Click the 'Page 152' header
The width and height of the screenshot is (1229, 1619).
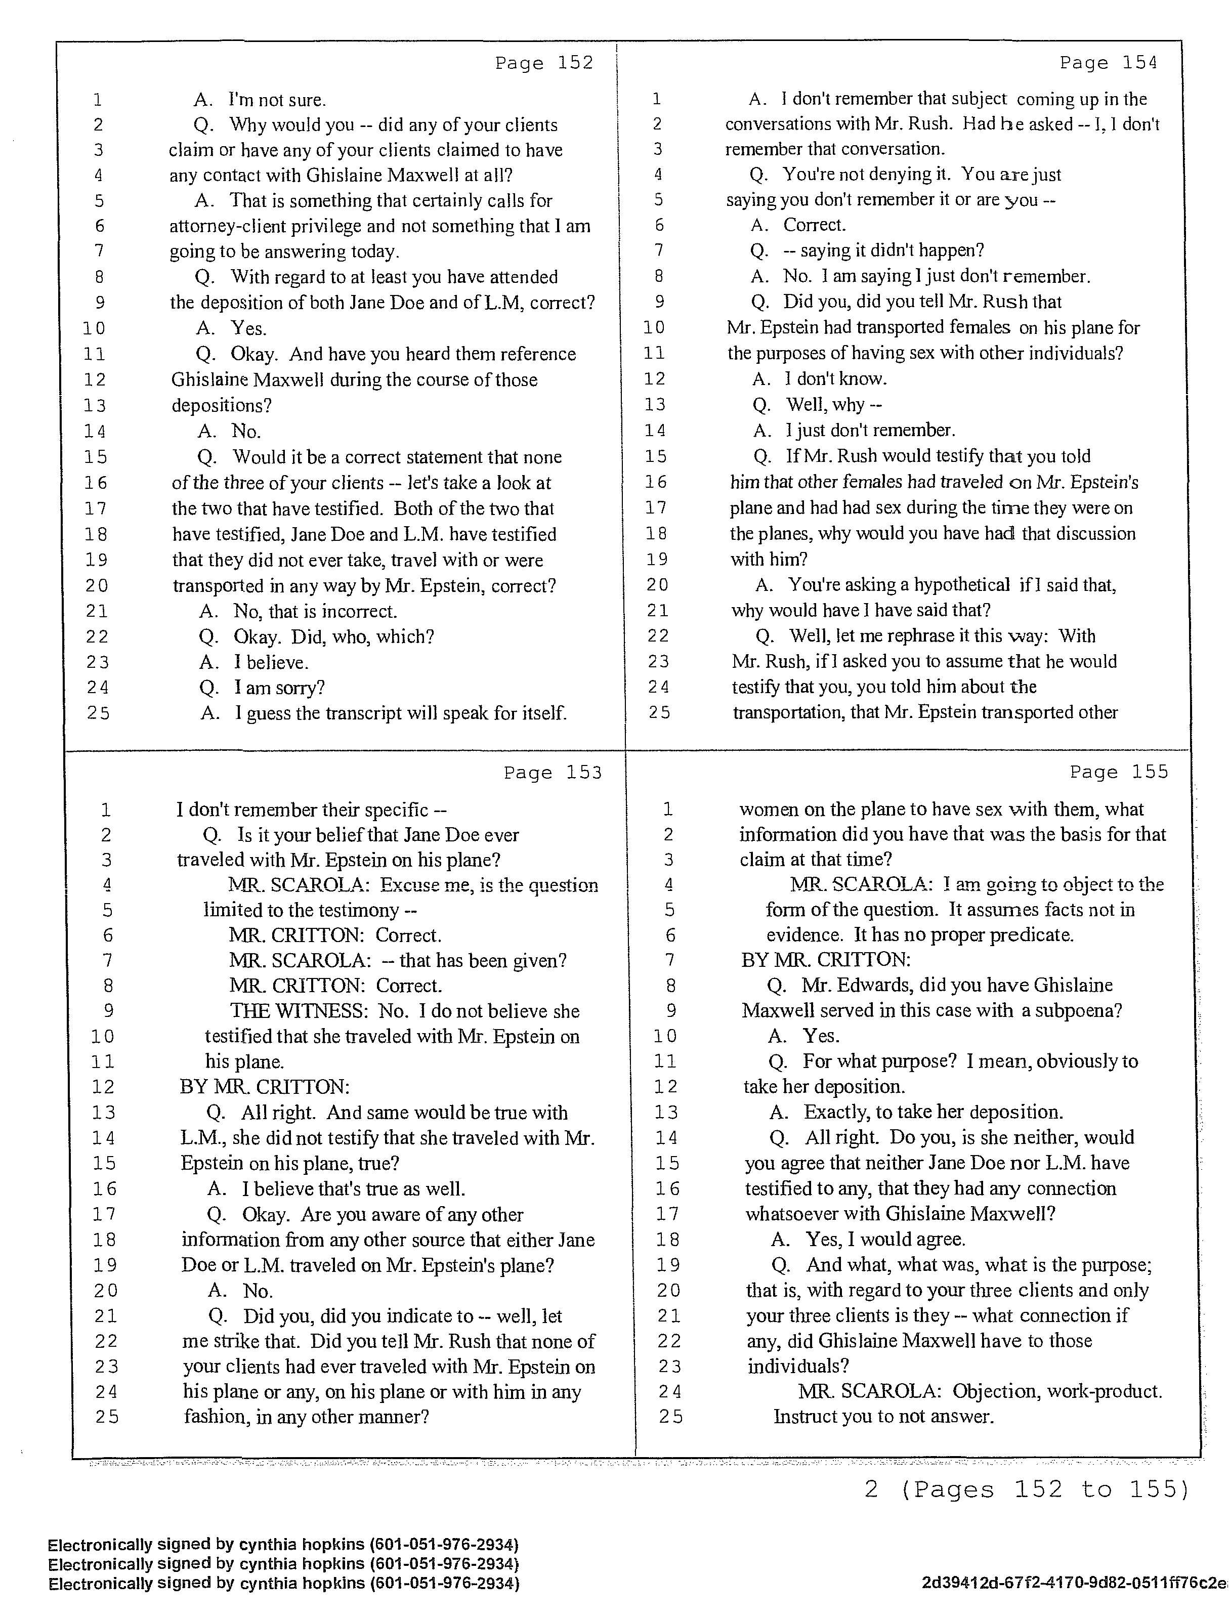click(544, 64)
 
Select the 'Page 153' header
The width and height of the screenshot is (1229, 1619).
click(553, 773)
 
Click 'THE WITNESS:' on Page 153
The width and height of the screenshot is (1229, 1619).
click(299, 1011)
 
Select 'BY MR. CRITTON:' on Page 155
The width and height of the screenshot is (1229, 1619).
click(826, 960)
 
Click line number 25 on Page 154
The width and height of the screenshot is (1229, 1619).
click(659, 712)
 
